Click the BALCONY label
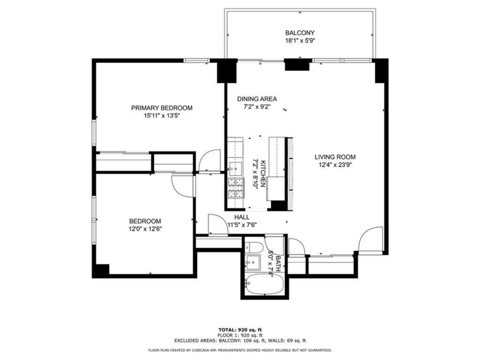300,33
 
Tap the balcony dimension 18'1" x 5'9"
300,41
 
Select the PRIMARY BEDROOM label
162,107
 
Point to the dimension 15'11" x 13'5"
162,115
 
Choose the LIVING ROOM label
335,157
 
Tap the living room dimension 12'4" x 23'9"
335,165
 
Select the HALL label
242,217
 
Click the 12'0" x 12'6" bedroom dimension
145,229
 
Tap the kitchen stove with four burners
235,187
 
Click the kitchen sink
234,168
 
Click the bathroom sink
252,263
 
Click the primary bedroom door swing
212,159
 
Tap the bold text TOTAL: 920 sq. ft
240,330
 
